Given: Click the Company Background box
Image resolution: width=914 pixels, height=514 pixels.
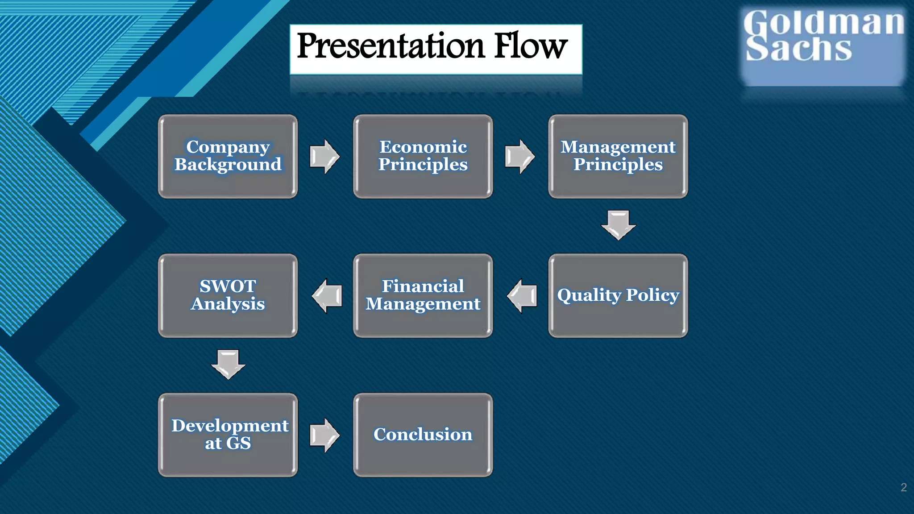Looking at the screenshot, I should click(x=228, y=156).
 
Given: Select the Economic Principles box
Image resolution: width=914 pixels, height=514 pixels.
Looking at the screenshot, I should click(x=423, y=156).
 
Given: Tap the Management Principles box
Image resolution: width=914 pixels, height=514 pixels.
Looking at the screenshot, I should click(x=618, y=156).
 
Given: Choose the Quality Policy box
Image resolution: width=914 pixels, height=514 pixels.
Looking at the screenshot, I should click(x=618, y=295).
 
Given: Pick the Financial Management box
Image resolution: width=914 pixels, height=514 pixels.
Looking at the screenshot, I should click(x=423, y=295).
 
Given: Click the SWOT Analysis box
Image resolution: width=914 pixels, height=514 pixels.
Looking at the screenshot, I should click(x=228, y=295).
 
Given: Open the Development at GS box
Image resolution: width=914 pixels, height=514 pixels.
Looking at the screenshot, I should click(x=228, y=435).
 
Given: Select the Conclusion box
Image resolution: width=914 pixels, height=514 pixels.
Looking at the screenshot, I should click(x=423, y=435).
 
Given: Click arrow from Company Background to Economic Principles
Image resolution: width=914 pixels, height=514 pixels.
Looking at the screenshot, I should click(x=325, y=157).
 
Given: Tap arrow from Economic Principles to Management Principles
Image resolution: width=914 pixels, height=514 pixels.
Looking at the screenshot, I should click(x=520, y=157).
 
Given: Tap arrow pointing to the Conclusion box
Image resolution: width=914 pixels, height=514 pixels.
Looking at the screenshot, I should click(x=325, y=435).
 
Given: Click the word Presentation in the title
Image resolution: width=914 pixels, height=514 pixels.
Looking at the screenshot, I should click(x=391, y=46).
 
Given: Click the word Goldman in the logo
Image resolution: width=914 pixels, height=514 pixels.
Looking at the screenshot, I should click(x=823, y=22).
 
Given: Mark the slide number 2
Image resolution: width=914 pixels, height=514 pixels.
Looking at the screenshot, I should click(x=903, y=487).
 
